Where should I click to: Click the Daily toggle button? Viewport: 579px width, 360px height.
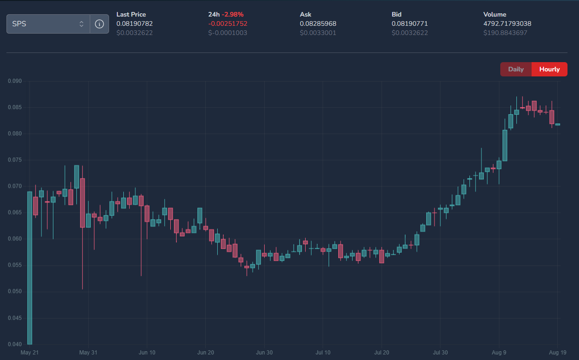point(516,70)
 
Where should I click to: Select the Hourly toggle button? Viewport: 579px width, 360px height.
point(550,70)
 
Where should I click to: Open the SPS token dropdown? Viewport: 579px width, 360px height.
point(48,24)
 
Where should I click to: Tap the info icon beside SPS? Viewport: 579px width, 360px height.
point(99,24)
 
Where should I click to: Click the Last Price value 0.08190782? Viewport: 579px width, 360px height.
point(134,23)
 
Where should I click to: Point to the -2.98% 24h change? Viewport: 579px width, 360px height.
point(232,14)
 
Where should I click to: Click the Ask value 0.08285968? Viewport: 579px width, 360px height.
point(318,23)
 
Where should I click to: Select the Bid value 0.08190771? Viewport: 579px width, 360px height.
point(410,23)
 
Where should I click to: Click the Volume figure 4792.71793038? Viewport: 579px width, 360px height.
point(507,23)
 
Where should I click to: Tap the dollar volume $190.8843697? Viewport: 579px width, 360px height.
point(505,33)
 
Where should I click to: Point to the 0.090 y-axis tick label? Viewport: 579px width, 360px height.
point(15,81)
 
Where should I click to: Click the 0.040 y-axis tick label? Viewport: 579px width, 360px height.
point(15,344)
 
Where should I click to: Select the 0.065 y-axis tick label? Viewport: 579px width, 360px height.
point(15,213)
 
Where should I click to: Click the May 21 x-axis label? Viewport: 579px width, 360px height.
point(29,353)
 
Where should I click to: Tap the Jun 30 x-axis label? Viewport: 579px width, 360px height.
point(264,353)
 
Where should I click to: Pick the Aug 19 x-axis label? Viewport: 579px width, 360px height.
point(557,353)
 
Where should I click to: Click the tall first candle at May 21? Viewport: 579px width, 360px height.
point(30,268)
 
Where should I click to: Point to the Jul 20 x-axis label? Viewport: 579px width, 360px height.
point(382,353)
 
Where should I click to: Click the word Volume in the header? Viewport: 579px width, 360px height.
point(495,14)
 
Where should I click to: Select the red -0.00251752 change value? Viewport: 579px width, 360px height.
point(228,23)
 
